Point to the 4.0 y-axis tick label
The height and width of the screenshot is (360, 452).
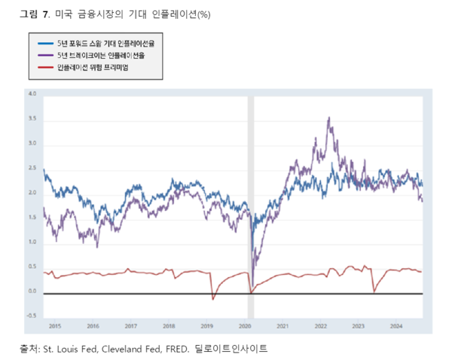click(32, 94)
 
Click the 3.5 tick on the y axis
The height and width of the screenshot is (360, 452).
click(32, 119)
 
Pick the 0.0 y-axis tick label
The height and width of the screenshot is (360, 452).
click(32, 291)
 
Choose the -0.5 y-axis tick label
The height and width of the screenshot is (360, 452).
click(31, 316)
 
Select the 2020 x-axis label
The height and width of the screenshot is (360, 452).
click(244, 326)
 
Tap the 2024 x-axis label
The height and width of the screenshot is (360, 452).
click(396, 326)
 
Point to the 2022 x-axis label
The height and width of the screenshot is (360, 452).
click(320, 326)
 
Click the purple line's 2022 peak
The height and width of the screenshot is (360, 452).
click(328, 118)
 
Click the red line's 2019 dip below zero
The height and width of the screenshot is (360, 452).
click(213, 299)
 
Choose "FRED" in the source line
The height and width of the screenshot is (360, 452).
click(175, 349)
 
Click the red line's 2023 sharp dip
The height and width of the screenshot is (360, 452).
click(374, 291)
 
